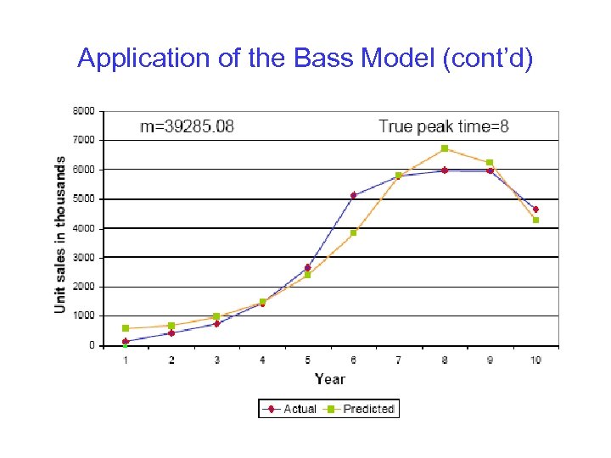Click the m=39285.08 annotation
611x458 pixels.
tap(187, 127)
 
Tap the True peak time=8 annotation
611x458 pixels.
tap(443, 126)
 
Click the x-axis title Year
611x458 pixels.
tap(329, 378)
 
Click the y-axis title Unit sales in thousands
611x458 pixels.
tap(60, 234)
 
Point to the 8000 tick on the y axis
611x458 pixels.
tap(83, 110)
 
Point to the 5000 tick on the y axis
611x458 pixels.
tap(83, 199)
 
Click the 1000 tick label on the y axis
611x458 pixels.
tap(83, 316)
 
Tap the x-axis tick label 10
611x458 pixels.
tap(535, 360)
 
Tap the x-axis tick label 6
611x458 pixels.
tap(353, 360)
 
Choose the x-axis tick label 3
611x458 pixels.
tap(216, 360)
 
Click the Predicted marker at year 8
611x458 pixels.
tap(444, 148)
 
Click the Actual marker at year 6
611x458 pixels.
tap(353, 195)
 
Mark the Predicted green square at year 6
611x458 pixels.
tap(353, 232)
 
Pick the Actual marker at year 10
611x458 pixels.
tap(535, 209)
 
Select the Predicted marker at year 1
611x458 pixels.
tap(126, 328)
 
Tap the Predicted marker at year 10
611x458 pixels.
tap(535, 221)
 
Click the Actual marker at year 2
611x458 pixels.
tap(171, 333)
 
